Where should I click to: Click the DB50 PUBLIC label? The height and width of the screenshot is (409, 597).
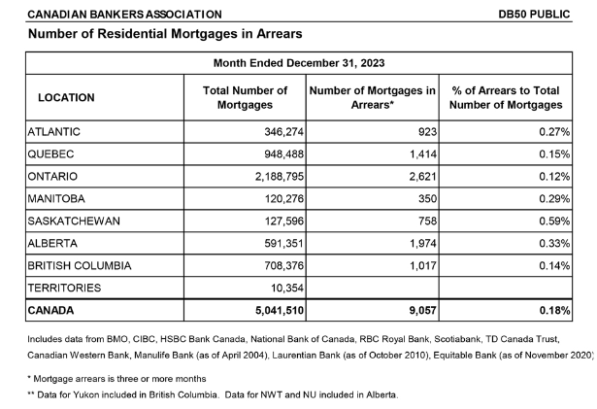tap(534, 15)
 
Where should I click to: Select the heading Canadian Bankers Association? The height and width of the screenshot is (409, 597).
tap(124, 15)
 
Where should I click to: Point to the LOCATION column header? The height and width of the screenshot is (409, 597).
tap(66, 97)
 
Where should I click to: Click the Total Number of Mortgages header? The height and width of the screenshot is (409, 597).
tap(245, 97)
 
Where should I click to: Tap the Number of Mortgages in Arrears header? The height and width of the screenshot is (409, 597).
tap(372, 97)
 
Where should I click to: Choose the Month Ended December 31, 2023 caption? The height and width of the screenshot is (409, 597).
tap(299, 63)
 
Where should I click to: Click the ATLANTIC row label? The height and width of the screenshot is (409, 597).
tap(53, 132)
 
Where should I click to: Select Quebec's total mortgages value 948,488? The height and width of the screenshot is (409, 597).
tap(284, 154)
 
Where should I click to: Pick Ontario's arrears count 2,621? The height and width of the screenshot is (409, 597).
tap(423, 177)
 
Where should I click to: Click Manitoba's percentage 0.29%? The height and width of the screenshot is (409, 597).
tap(554, 198)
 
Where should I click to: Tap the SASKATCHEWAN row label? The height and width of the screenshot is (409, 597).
tap(74, 222)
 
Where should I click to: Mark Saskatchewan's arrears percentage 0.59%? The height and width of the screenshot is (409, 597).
tap(554, 222)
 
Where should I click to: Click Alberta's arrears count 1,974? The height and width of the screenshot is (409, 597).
tap(423, 243)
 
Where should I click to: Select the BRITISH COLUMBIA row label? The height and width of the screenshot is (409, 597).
tap(80, 265)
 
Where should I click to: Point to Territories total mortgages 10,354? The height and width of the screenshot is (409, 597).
tap(287, 288)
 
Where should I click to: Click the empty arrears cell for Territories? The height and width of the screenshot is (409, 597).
tap(372, 288)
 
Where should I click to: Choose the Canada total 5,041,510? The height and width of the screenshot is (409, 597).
tap(280, 310)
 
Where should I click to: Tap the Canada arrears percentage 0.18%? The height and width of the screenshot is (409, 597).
tap(554, 310)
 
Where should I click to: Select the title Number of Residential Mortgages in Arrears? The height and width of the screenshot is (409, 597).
tap(165, 34)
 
